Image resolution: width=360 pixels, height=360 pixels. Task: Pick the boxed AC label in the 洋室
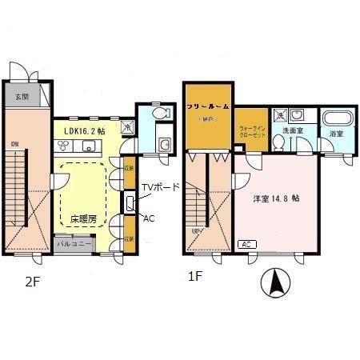point(246,244)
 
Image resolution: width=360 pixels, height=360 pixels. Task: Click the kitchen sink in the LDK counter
point(87,146)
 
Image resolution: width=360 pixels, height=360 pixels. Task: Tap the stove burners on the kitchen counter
point(63,146)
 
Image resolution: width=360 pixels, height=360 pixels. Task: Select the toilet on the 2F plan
point(160,114)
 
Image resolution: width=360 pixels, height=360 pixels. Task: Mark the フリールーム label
point(209,106)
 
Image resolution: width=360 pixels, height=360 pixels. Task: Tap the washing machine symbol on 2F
point(128,126)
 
